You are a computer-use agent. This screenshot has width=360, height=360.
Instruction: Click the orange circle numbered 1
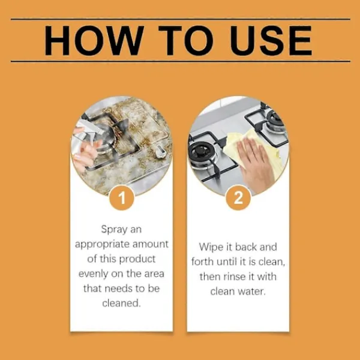[x=122, y=197]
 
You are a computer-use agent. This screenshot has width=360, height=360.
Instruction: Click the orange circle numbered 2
[x=238, y=197]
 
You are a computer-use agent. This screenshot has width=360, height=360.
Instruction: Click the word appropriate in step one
[x=102, y=245]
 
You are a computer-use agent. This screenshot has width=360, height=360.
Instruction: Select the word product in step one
[x=137, y=259]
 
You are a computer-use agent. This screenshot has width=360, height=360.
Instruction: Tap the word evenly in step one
[x=93, y=274]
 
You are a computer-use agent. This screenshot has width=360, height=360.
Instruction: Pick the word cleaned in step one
[x=121, y=303]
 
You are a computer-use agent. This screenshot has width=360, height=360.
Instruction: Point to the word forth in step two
[x=203, y=262]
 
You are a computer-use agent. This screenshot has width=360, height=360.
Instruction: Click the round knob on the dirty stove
[x=160, y=152]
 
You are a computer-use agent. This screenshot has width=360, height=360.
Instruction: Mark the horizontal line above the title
[x=181, y=19]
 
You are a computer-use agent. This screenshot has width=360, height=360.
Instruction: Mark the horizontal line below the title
[x=181, y=61]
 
